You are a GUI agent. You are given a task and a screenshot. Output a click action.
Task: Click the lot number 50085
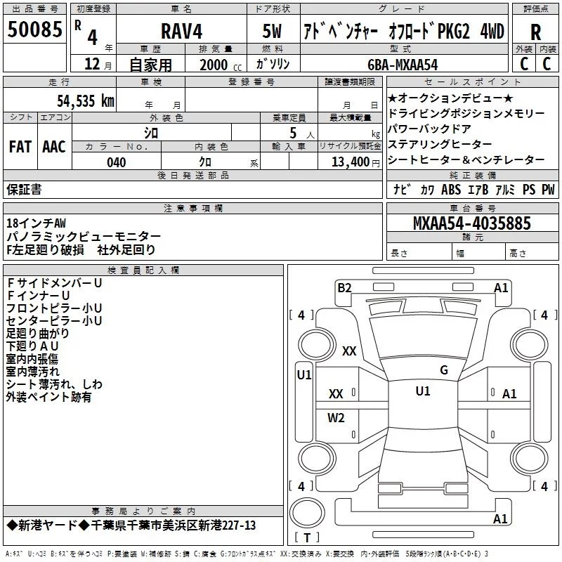coord(34,30)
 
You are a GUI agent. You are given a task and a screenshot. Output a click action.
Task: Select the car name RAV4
coord(181,31)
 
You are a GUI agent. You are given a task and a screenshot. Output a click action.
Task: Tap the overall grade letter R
coord(535,32)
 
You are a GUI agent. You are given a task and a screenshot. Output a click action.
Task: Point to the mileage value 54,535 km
coord(85,101)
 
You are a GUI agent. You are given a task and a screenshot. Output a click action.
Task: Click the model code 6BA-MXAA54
coord(403,65)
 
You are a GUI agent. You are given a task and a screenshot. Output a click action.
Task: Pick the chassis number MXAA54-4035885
coord(471,223)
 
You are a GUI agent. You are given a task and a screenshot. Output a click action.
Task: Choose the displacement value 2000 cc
coord(221,65)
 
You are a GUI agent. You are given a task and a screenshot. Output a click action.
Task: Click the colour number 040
coord(116,162)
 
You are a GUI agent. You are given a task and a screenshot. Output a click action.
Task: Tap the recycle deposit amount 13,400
coord(350,162)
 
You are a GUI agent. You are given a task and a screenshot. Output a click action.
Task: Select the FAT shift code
coord(20,147)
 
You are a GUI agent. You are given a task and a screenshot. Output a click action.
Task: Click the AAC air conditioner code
coord(54,147)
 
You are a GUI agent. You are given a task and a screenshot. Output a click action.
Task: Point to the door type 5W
coord(272,31)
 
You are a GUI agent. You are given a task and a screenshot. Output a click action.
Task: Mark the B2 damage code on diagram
coord(344,288)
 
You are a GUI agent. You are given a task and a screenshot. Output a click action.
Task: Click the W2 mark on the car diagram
coord(336,418)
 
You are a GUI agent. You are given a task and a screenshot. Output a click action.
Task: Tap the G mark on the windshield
coord(444,370)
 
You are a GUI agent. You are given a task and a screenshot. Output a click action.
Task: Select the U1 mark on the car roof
coord(423,391)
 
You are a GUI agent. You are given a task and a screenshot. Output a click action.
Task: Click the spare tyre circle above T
coord(307,513)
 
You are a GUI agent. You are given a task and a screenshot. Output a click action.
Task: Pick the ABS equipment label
coord(451,190)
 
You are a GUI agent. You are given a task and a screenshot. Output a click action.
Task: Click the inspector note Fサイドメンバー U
coord(55,283)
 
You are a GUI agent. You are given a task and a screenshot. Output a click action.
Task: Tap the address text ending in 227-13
coord(131,525)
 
